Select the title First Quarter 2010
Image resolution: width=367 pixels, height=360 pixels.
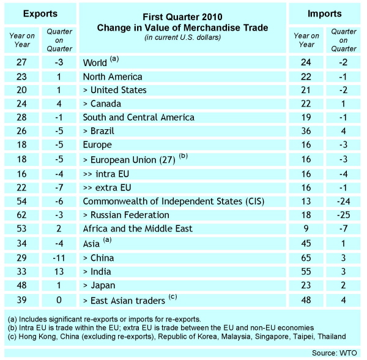tap(183, 17)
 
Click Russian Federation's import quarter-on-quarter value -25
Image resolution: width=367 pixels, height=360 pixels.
tap(346, 215)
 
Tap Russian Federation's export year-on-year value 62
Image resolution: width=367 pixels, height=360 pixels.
tap(21, 215)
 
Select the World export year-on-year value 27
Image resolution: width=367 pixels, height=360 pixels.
tap(21, 63)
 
